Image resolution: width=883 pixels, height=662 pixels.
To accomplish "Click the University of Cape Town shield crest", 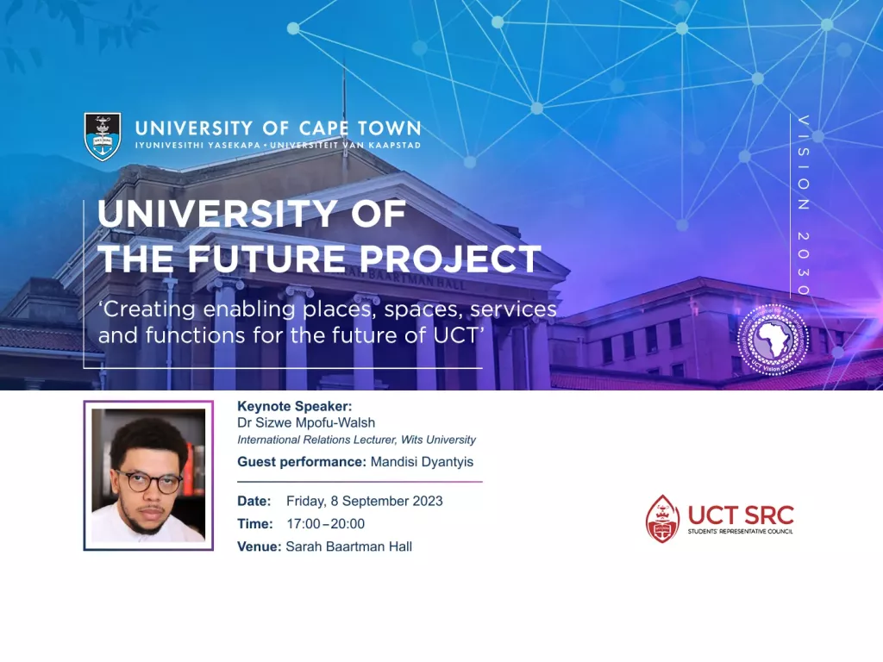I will [x=103, y=135].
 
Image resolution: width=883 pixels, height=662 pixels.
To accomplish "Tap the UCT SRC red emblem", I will [x=662, y=518].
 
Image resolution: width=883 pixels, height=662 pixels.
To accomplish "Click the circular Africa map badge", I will [x=772, y=340].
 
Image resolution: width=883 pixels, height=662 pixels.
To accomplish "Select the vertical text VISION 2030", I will [x=803, y=206].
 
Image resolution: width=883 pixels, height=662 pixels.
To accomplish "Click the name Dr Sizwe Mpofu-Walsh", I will [x=306, y=422].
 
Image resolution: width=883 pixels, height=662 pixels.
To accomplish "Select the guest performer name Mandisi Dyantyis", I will [x=422, y=462].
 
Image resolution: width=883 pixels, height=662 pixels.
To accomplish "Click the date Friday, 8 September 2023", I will [x=365, y=501].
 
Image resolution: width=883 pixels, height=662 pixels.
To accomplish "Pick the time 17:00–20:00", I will [x=326, y=523].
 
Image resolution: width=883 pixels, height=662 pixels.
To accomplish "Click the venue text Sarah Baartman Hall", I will [x=348, y=546].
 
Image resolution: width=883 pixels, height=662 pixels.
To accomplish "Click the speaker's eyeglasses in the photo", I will [x=148, y=483].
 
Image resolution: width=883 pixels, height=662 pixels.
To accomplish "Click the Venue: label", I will [x=259, y=546].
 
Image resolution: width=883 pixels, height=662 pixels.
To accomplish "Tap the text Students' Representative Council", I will [x=740, y=532].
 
